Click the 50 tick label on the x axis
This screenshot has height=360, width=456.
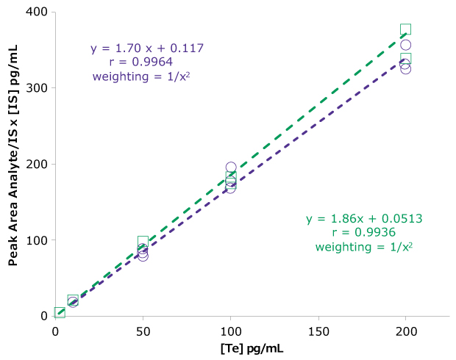tap(143, 331)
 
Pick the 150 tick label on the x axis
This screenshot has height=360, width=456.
tap(318, 331)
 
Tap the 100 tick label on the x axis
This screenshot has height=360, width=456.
tap(230, 331)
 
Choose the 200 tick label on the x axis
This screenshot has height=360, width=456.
tap(405, 331)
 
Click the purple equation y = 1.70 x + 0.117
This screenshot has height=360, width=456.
tap(147, 48)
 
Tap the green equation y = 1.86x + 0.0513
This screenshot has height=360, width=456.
tap(364, 219)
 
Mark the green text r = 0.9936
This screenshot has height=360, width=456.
tap(364, 233)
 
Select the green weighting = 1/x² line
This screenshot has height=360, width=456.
tap(364, 247)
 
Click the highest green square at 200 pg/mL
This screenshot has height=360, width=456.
tap(405, 29)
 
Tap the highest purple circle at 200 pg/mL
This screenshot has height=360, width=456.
tap(405, 46)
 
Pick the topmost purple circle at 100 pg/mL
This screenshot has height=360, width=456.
tap(231, 168)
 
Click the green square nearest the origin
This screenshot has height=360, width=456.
tap(60, 313)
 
